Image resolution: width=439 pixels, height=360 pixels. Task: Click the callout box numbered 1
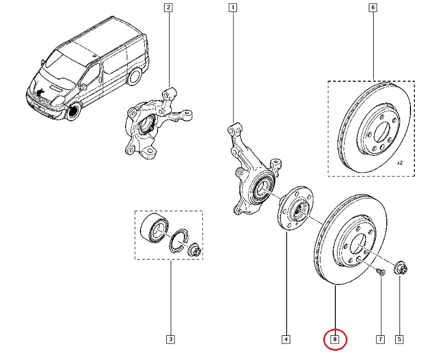coord(233,8)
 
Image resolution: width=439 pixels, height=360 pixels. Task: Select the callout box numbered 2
coord(168,8)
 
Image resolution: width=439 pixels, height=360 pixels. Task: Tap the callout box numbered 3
coord(170,340)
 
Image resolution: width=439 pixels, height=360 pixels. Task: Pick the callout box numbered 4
coord(286,340)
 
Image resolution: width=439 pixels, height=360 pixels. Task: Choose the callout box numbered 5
coord(399,340)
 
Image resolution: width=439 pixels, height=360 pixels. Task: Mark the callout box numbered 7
coord(380,340)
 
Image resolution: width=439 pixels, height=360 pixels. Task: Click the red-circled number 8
coord(335,340)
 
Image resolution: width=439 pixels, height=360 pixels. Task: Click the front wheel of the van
coord(72,111)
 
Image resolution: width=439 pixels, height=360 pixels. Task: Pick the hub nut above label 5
coord(399,268)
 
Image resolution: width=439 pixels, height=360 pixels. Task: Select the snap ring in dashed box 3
coord(178,241)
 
